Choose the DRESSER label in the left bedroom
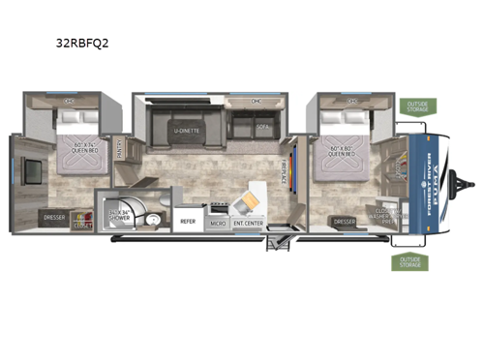(x=53, y=217)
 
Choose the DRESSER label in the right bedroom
(x=344, y=221)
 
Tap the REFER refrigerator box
(x=188, y=221)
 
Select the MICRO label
(x=219, y=222)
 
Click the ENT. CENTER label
(x=249, y=222)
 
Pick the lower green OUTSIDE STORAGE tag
(x=407, y=262)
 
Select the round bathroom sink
(x=156, y=219)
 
